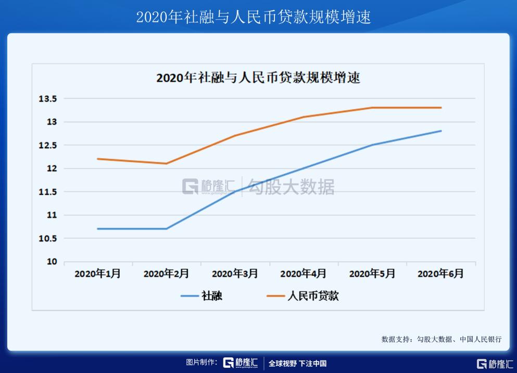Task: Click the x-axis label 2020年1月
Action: point(97,274)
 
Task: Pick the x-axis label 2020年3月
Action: point(235,274)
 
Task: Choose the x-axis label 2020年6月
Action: point(440,274)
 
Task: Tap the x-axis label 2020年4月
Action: point(304,274)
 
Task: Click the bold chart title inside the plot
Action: point(258,79)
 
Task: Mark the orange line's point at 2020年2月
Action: point(167,163)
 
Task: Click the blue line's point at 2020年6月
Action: point(441,131)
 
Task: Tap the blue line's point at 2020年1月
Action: point(97,228)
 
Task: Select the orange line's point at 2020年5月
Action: point(372,108)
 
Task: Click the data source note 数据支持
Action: point(442,339)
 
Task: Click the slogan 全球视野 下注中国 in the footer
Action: point(297,363)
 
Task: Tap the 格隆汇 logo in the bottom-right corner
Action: point(495,363)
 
